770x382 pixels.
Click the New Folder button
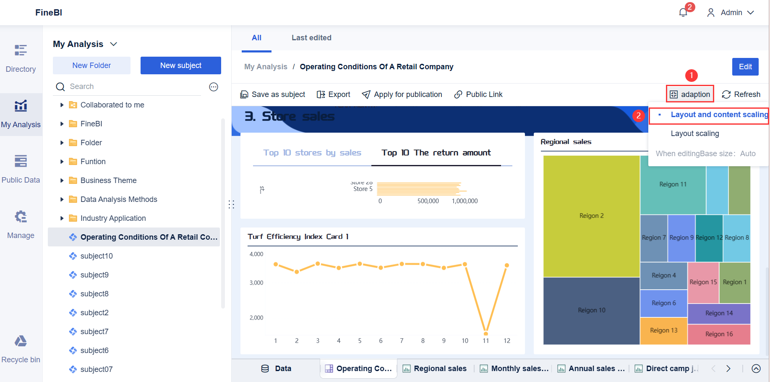click(91, 65)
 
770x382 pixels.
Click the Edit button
click(745, 67)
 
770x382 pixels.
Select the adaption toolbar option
click(690, 94)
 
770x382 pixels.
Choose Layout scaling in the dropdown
click(694, 133)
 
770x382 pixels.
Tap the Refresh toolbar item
click(741, 94)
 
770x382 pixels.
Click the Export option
click(334, 94)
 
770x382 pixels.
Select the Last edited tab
click(311, 38)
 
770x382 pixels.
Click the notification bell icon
click(683, 13)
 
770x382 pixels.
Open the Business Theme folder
click(108, 181)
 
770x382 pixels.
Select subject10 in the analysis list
click(97, 256)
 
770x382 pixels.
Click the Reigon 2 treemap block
click(591, 216)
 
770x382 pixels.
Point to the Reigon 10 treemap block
click(591, 310)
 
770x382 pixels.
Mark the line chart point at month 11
click(485, 334)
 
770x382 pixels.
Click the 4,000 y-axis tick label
click(256, 254)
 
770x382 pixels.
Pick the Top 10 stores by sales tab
click(312, 153)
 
